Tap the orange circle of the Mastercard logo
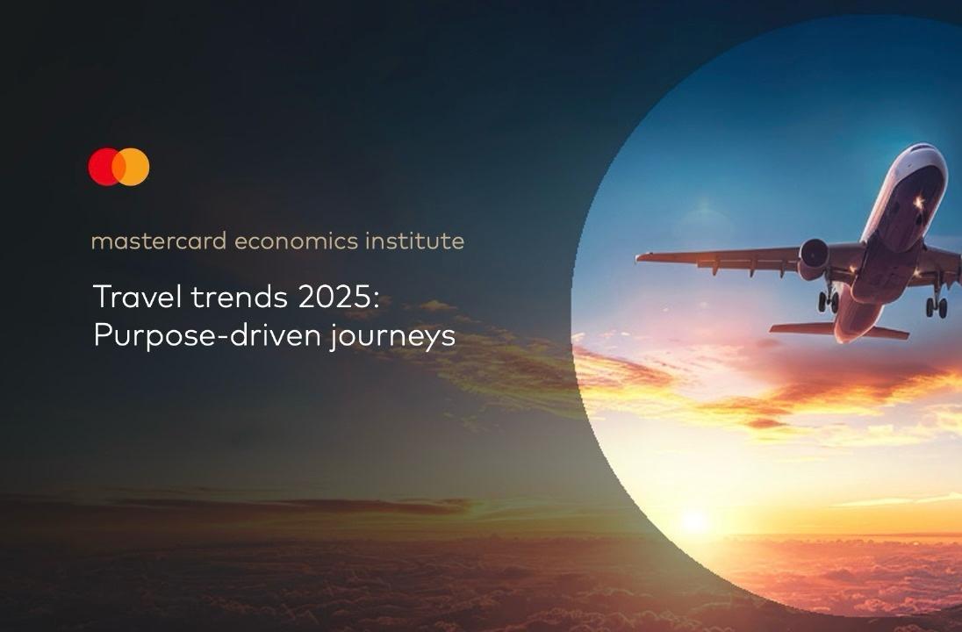pyautogui.click(x=133, y=167)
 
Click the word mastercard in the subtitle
pyautogui.click(x=159, y=241)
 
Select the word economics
pyautogui.click(x=297, y=241)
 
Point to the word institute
pyautogui.click(x=415, y=241)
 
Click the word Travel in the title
pyautogui.click(x=138, y=297)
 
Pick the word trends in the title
pyautogui.click(x=240, y=297)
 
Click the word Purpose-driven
pyautogui.click(x=207, y=335)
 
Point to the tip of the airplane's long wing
pyautogui.click(x=639, y=257)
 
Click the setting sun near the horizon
pyautogui.click(x=694, y=521)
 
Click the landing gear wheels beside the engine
pyautogui.click(x=828, y=301)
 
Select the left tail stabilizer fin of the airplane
pyautogui.click(x=801, y=328)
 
